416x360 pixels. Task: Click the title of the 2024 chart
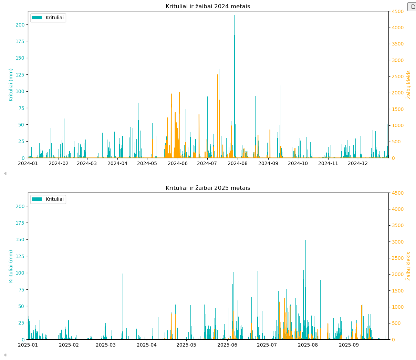click(208, 7)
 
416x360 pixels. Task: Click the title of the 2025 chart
click(208, 188)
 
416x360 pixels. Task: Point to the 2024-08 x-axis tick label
click(238, 163)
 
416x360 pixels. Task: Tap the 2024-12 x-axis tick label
click(358, 163)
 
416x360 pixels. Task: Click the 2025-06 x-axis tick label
click(228, 345)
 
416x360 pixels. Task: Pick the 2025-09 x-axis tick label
click(349, 345)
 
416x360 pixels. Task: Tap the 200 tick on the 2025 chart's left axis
click(20, 206)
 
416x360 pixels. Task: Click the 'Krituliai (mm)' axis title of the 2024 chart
click(11, 85)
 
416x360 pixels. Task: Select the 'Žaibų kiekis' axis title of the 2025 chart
click(409, 266)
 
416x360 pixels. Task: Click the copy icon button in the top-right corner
click(412, 7)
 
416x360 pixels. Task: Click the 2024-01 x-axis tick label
click(28, 163)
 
